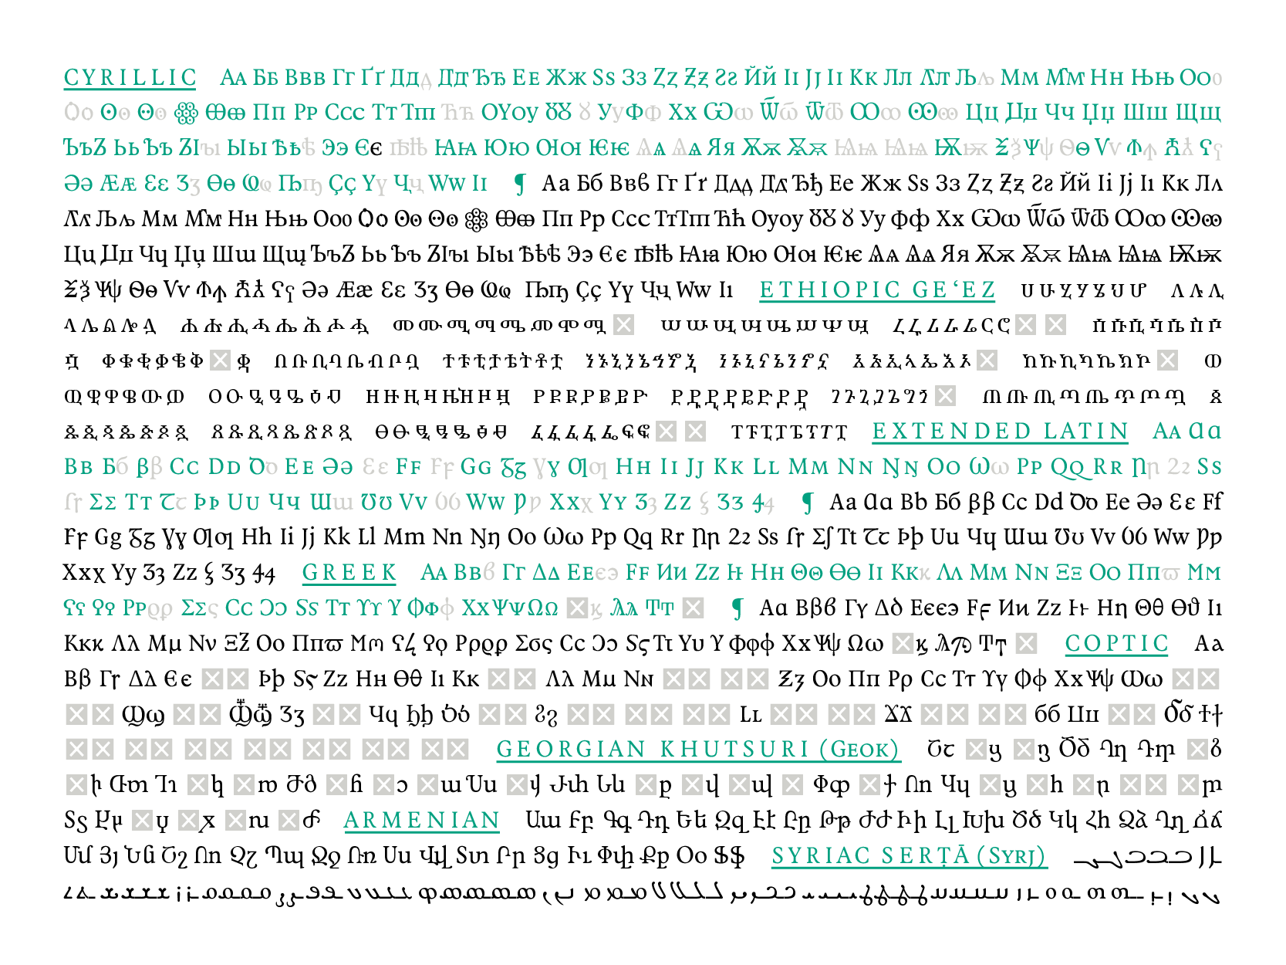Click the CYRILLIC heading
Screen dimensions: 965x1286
coord(130,78)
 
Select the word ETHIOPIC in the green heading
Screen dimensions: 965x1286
coord(829,290)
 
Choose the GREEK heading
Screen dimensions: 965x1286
coord(349,573)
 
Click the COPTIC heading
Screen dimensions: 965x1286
coord(1116,644)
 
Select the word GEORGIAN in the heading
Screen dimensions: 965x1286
coord(571,750)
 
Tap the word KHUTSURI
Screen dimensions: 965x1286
coord(734,750)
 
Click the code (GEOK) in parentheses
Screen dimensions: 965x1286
coord(859,750)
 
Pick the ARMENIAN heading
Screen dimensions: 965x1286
coord(421,821)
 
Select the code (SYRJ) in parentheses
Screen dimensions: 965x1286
coord(1011,856)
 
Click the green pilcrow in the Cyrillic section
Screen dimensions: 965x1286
coord(521,184)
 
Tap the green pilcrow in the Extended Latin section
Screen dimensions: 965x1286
coord(808,503)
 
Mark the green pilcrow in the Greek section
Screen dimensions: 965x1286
coord(738,609)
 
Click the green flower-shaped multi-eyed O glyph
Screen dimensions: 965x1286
coord(185,113)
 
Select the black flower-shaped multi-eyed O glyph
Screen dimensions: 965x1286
coord(476,220)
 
